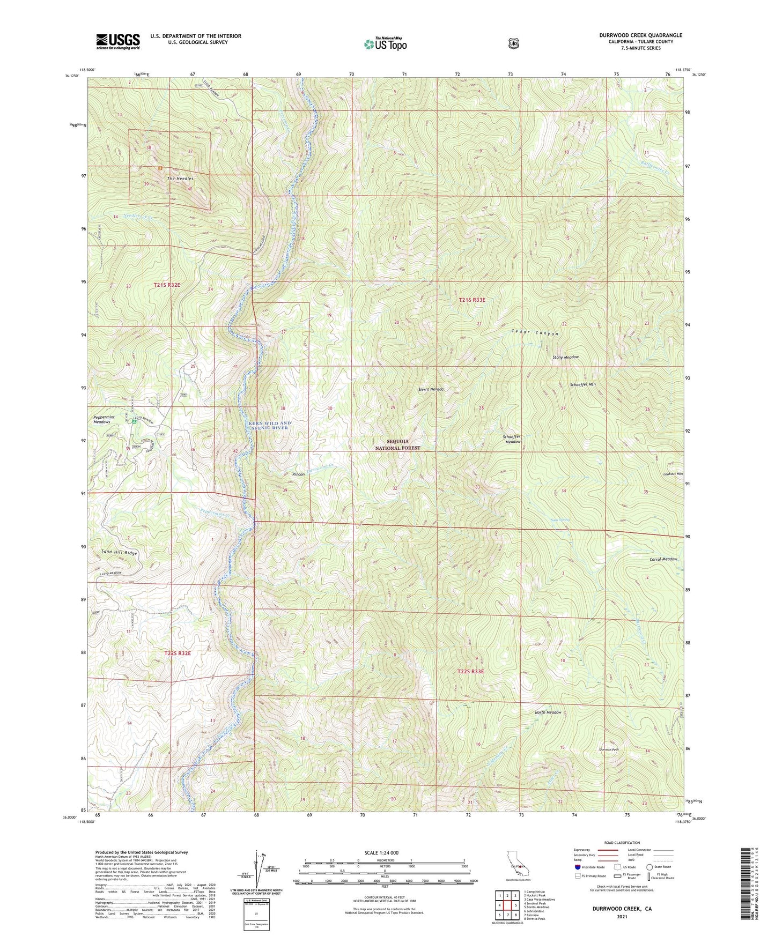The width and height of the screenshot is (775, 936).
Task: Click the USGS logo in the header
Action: point(117,41)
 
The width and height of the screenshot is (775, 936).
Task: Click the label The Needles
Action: point(180,179)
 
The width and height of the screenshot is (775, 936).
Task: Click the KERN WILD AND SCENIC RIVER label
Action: point(270,425)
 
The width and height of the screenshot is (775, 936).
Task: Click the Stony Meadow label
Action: point(565,357)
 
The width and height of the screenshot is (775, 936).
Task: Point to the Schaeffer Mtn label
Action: point(582,384)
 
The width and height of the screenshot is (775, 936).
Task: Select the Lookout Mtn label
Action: point(672,474)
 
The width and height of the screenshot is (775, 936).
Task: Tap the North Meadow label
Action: point(548,712)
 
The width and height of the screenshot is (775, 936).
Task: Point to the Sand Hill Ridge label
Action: point(119,553)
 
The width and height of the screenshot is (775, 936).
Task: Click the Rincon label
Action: point(298,474)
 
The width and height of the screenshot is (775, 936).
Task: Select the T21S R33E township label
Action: point(471,300)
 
